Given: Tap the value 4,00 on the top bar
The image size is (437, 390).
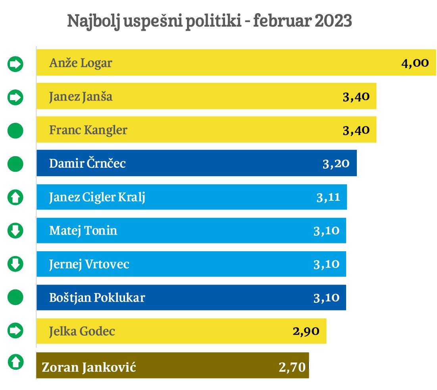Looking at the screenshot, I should [x=415, y=63].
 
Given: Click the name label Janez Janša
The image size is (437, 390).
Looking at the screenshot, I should [x=81, y=97].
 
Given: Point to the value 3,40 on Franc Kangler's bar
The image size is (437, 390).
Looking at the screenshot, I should [x=356, y=130].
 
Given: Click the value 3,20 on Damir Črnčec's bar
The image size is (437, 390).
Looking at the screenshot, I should [x=336, y=163].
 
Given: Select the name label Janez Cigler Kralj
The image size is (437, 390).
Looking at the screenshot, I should [x=97, y=197].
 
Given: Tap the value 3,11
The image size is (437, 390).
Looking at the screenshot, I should [x=328, y=197].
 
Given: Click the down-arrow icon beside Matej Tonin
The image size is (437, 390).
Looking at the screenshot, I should [x=15, y=230].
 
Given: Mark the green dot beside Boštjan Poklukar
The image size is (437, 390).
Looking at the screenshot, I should [x=15, y=297].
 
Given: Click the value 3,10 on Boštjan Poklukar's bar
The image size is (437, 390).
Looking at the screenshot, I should [x=326, y=297].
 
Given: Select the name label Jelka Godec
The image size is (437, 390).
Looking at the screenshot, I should [x=82, y=331].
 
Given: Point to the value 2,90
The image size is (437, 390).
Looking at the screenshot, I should [x=306, y=331].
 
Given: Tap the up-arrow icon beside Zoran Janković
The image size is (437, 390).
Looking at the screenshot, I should [x=15, y=361].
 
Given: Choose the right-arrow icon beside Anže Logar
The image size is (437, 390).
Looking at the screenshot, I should [x=15, y=64].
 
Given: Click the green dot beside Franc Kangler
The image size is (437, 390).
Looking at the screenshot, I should [x=15, y=130].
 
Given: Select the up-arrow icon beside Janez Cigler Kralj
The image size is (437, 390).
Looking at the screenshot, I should [x=15, y=197].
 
